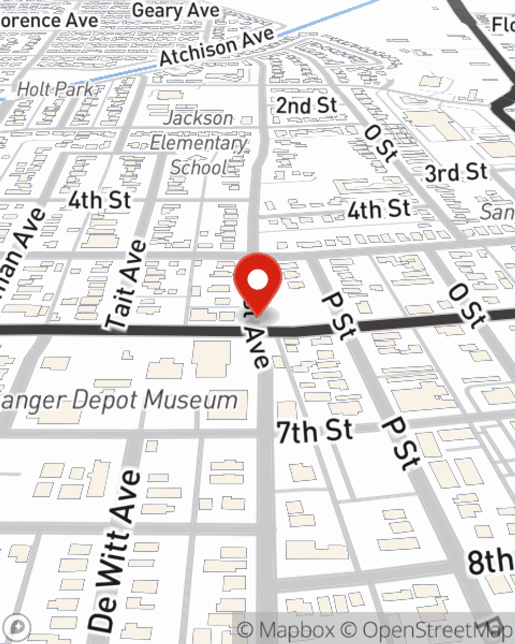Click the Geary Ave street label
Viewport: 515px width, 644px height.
[x=176, y=11]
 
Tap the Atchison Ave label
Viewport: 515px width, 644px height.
[x=217, y=47]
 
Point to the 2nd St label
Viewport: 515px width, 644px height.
[x=306, y=106]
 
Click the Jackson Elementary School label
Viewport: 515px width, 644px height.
[x=199, y=143]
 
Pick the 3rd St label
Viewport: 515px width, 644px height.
[x=456, y=173]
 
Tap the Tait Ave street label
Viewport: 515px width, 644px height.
[x=126, y=285]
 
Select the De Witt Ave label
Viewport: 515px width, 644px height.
[x=114, y=550]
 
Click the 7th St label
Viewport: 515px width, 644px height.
[x=315, y=431]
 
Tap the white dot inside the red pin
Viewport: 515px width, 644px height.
[x=257, y=281]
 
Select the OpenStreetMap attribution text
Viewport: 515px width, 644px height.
[x=438, y=630]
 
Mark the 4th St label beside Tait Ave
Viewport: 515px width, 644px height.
[x=99, y=200]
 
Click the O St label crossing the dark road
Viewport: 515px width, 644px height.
[x=467, y=305]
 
